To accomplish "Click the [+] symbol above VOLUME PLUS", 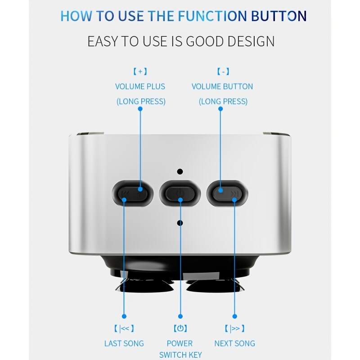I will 140,72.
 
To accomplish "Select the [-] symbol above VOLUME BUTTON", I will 222,72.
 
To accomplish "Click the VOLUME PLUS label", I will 140,86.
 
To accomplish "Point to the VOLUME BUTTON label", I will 222,86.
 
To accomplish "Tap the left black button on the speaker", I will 132,194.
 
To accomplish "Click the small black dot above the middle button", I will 180,171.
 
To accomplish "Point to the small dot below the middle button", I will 180,223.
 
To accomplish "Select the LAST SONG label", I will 124,343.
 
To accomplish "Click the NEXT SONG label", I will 234,343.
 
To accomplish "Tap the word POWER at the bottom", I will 180,343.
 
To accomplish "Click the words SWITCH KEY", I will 180,355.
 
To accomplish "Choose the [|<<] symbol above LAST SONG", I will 124,328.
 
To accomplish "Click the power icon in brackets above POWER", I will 180,328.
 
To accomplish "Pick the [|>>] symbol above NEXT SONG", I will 234,328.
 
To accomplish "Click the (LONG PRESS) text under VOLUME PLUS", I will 141,101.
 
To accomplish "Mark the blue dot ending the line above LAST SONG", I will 124,316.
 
